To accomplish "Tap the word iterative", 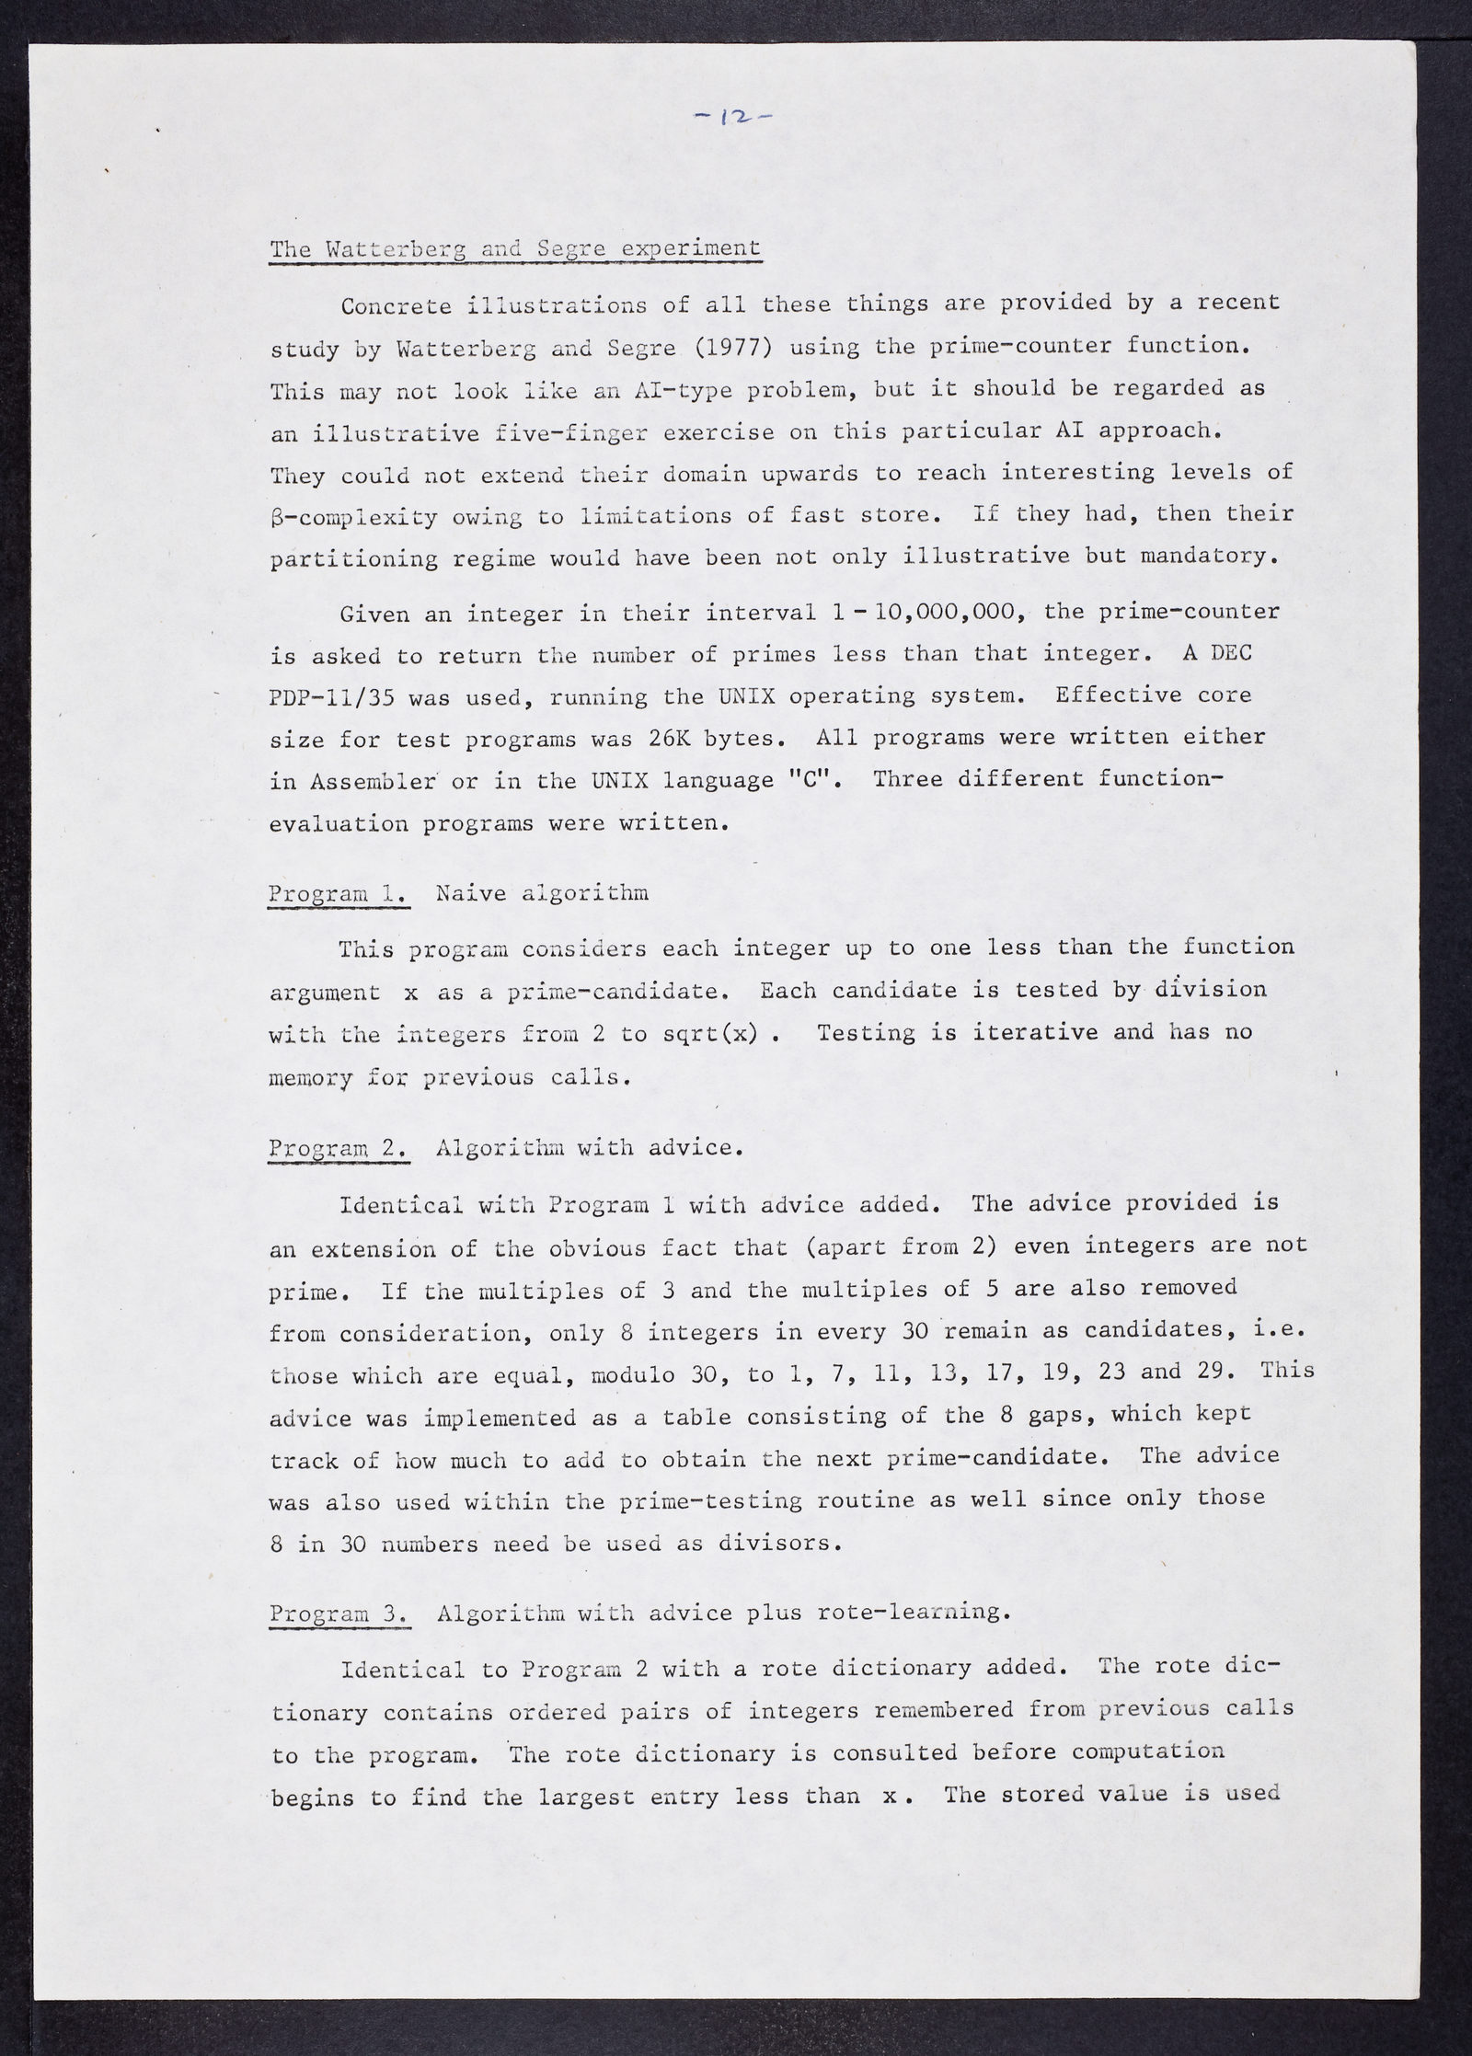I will (1022, 1032).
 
